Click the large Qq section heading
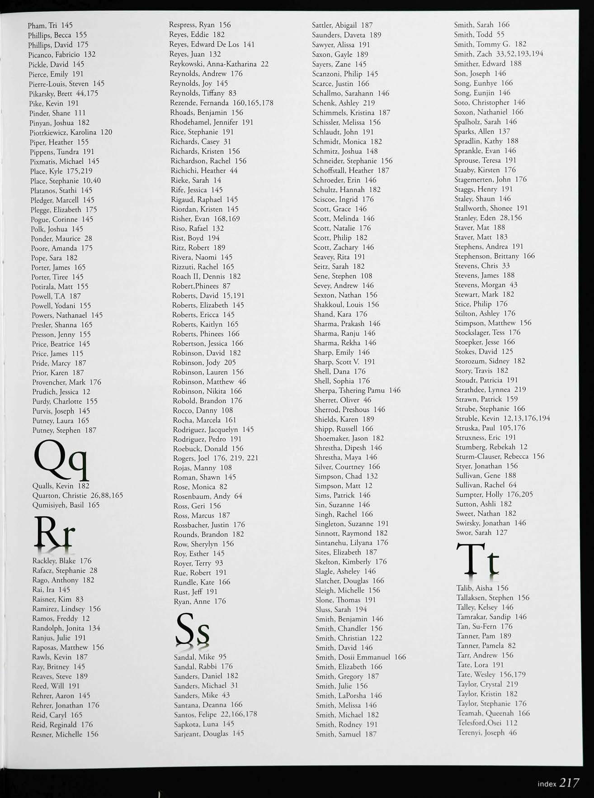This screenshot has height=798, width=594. tap(60, 461)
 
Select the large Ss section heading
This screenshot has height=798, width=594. tap(193, 629)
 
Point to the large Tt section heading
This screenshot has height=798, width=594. tap(477, 561)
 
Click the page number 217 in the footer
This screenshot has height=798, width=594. tap(569, 783)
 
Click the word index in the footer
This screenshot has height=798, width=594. tap(547, 784)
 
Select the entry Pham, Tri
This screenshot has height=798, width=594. tap(50, 25)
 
